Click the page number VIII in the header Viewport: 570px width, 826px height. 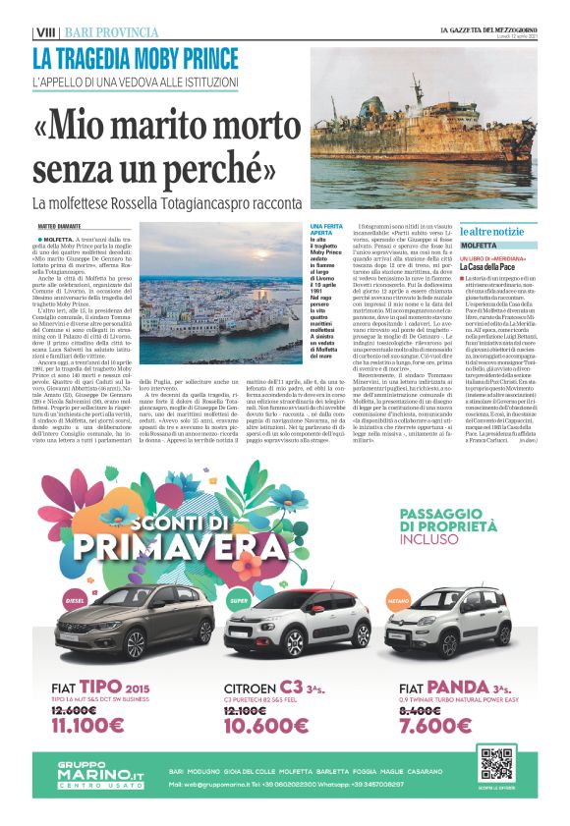(x=44, y=32)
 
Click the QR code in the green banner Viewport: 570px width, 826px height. (x=495, y=763)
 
